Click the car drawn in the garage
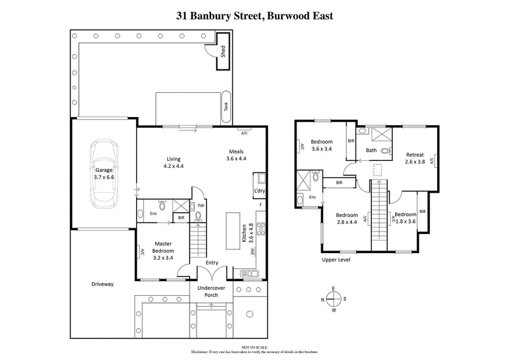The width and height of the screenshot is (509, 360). point(104,172)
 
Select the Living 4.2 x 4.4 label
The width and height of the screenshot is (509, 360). point(174,162)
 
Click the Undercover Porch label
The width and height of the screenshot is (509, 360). point(210,292)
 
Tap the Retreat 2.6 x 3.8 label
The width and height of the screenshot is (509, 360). point(414,158)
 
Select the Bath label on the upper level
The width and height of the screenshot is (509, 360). point(371,151)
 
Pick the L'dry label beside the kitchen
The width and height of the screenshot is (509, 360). point(259,191)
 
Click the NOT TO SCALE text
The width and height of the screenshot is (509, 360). point(254,347)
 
